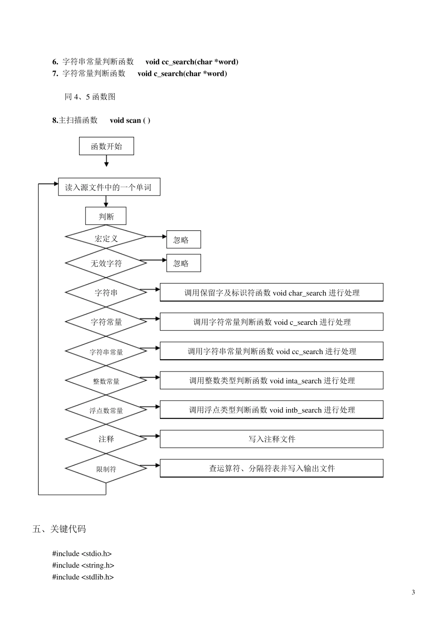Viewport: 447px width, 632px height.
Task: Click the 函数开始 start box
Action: (106, 146)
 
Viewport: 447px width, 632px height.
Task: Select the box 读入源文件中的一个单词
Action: (109, 187)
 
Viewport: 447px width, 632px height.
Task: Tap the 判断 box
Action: (106, 216)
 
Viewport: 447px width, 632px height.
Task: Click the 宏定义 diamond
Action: (106, 238)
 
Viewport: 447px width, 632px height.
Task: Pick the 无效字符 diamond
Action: (106, 263)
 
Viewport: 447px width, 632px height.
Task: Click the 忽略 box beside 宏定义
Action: (184, 240)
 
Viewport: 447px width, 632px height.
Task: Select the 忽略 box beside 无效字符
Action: (184, 263)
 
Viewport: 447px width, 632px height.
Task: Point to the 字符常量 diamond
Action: (106, 322)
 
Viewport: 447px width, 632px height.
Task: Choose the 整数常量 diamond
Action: (106, 381)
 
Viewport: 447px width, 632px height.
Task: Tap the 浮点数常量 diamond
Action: (106, 411)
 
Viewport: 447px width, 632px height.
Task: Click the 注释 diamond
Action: (106, 439)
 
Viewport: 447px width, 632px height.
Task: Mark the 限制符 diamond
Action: (106, 469)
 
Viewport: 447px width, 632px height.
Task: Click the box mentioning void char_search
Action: (271, 292)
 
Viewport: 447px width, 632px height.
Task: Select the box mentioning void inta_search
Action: (271, 380)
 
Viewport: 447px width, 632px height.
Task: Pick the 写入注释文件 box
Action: (271, 439)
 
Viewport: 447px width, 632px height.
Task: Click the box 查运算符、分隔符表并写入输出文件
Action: (271, 468)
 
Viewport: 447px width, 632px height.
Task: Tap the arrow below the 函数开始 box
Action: (106, 161)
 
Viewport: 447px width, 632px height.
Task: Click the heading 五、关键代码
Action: (59, 529)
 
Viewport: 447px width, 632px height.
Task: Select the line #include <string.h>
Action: (83, 565)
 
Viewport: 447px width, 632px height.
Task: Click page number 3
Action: (413, 592)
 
